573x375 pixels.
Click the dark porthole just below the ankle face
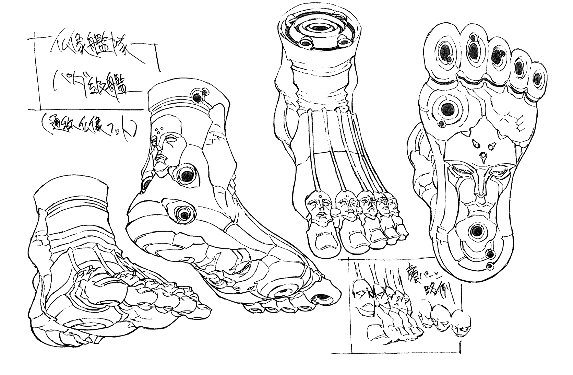[187, 175]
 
